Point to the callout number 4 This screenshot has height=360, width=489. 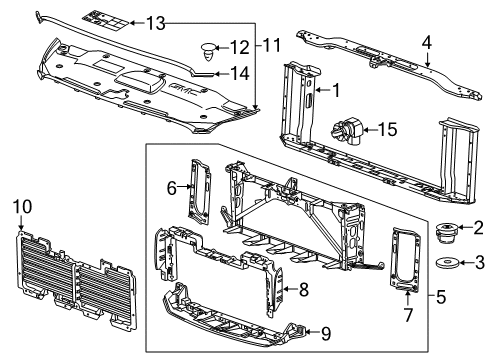427,42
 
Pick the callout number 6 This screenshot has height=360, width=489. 170,185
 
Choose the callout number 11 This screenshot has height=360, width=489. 270,45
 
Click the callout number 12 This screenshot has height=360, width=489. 238,46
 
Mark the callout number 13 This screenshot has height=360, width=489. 156,22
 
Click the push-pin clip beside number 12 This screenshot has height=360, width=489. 209,46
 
